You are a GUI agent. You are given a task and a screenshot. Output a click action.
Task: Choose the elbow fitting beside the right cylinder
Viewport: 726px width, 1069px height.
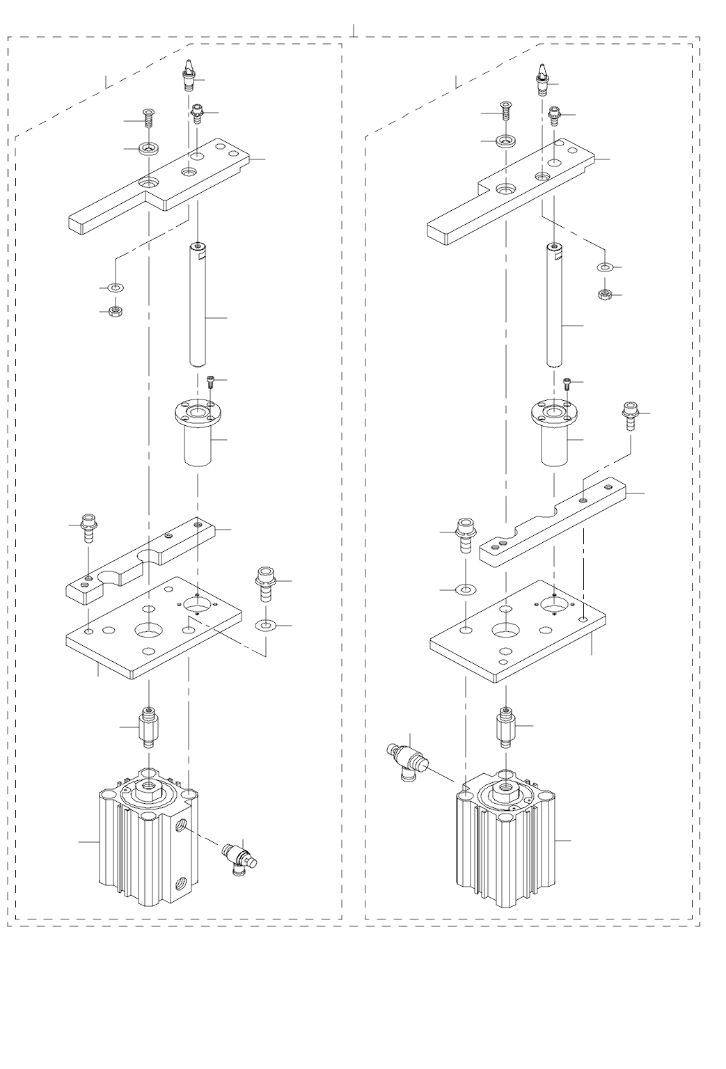click(x=407, y=759)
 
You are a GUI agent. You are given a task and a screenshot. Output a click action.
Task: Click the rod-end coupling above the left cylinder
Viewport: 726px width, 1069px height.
click(x=148, y=727)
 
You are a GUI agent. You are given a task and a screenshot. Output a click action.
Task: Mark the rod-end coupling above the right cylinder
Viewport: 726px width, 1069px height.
click(x=505, y=727)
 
